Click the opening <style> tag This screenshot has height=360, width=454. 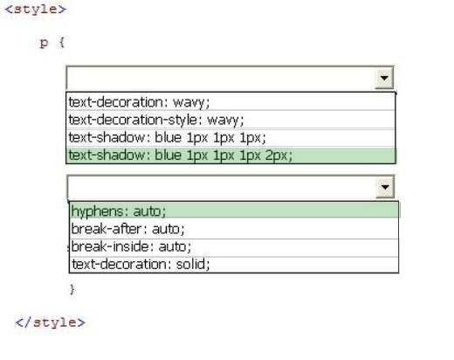tap(36, 9)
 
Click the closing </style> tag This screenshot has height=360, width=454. tap(50, 322)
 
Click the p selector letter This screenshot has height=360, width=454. tap(44, 43)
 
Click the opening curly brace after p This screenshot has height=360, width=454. tap(61, 43)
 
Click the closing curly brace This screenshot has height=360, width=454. tap(72, 289)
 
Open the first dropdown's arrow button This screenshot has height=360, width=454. tap(384, 78)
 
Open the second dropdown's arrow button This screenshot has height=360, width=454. tap(385, 187)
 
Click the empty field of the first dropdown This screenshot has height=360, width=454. tap(221, 78)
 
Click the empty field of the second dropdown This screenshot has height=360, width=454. tap(222, 187)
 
